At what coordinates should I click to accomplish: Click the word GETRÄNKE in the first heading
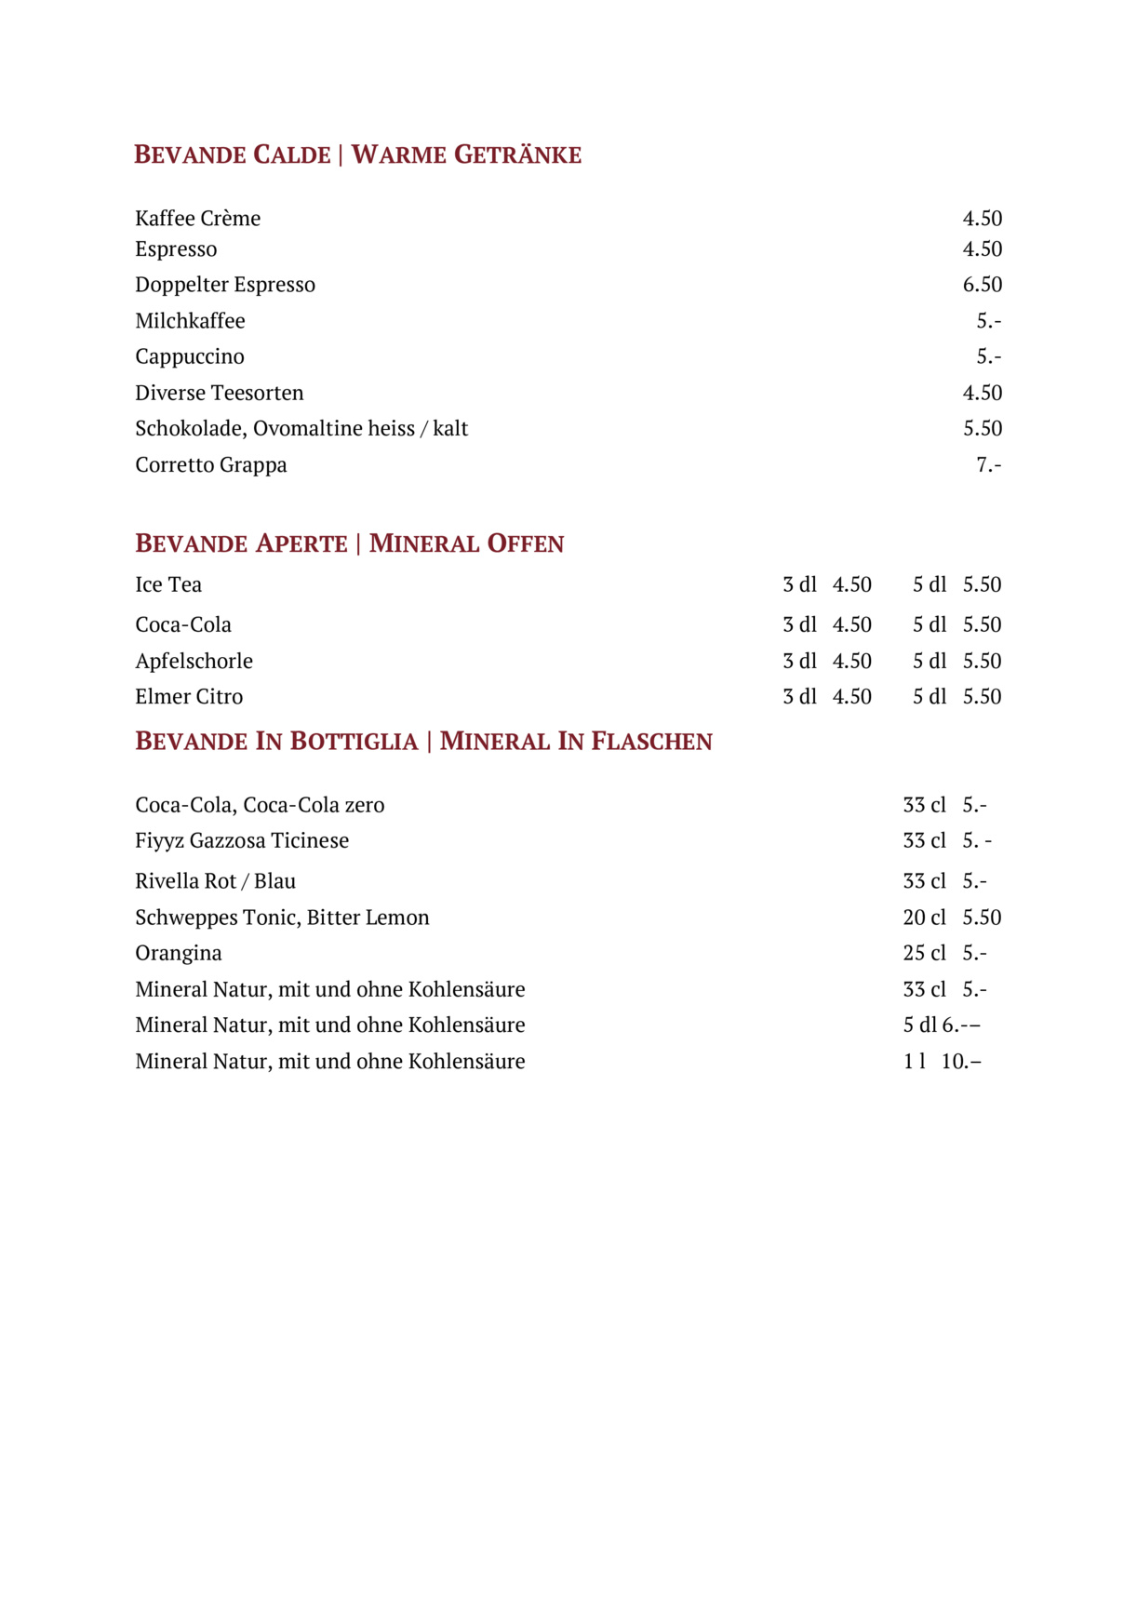coord(517,154)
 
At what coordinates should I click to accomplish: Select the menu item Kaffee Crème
coord(197,219)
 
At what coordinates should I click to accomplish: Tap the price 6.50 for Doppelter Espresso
coord(982,285)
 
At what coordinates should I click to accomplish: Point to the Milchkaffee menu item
coord(190,321)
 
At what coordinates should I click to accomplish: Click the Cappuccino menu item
coord(190,356)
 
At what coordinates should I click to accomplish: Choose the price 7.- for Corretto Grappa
coord(988,464)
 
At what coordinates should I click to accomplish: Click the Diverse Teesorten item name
coord(220,393)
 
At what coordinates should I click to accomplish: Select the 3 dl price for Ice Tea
coord(851,584)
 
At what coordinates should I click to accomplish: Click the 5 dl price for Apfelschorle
coord(982,661)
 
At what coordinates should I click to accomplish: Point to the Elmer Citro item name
coord(189,697)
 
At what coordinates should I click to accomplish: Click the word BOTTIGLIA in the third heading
coord(354,742)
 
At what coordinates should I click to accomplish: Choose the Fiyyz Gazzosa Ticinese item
coord(242,840)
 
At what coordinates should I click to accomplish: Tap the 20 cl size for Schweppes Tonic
coord(924,918)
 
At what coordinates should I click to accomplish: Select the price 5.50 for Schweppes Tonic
coord(982,918)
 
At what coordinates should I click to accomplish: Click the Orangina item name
coord(179,953)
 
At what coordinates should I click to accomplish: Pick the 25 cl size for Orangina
coord(924,953)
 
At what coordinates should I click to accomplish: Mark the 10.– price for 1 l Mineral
coord(961,1062)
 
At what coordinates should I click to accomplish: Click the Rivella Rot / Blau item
coord(215,881)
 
